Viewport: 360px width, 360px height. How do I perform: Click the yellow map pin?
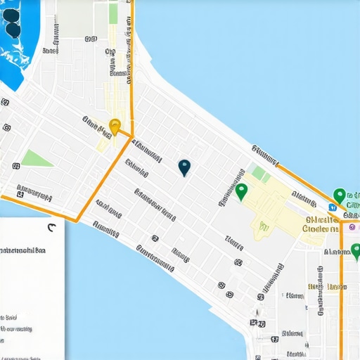pos(115,127)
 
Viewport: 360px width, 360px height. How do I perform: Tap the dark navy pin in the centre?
pos(184,167)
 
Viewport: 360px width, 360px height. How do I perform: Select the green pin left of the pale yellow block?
pos(242,191)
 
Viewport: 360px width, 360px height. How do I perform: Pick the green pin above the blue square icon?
pos(340,195)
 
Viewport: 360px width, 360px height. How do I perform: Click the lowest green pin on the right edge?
pos(356,251)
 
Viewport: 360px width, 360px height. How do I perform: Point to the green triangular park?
pos(37,158)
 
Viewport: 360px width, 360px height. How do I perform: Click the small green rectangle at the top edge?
pos(113,13)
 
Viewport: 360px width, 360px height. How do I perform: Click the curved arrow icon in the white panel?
pos(51,227)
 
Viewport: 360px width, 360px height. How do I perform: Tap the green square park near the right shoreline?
pos(259,174)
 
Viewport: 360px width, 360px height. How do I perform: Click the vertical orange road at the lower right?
pos(342,302)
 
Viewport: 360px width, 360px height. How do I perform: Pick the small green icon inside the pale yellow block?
pos(264,226)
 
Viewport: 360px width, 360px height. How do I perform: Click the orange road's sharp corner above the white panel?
pos(75,220)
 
